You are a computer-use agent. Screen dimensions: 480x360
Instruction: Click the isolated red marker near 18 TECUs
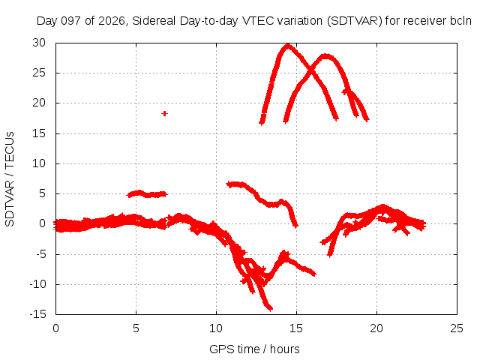pos(164,113)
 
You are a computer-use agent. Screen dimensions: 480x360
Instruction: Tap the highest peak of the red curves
pos(288,46)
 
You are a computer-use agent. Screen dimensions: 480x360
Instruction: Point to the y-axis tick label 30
pos(39,43)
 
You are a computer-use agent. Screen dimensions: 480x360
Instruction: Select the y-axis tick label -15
pos(37,314)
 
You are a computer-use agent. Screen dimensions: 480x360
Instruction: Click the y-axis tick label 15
pos(39,133)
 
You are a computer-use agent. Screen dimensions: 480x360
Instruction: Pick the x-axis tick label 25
pos(457,328)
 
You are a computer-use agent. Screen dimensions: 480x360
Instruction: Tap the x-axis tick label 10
pos(216,328)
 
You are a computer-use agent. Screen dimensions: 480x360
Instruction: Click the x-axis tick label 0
pos(55,328)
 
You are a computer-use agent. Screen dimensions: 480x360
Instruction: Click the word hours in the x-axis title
pos(285,349)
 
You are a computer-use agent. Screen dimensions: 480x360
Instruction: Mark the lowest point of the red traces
pos(270,308)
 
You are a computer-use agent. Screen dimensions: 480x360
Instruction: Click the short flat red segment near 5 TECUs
pos(147,193)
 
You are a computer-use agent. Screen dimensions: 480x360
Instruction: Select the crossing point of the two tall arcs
pos(311,71)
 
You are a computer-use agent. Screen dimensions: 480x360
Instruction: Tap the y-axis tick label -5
pos(40,254)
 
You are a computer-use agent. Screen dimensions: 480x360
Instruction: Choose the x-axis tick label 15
pos(296,328)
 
